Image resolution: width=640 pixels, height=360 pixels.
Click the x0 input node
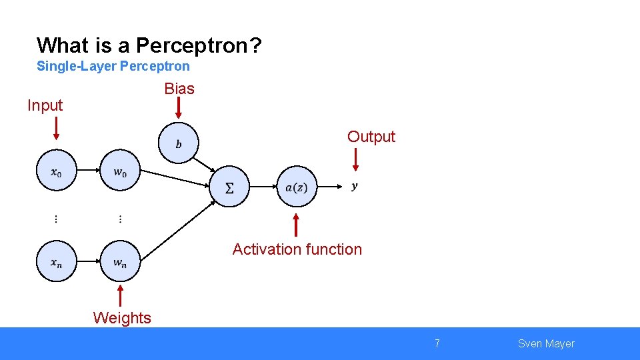click(x=57, y=171)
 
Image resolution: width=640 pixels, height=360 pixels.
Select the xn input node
click(x=57, y=261)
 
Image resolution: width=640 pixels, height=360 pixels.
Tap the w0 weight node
click(x=120, y=171)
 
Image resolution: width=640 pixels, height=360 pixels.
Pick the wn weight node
click(x=120, y=261)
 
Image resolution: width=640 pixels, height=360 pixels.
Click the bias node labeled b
click(x=178, y=143)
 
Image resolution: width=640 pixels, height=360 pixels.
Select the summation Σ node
click(x=230, y=187)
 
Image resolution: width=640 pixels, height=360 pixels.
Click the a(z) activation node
click(x=297, y=187)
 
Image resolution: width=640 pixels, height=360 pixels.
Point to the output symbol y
click(x=354, y=186)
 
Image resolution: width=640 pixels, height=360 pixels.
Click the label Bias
click(x=179, y=89)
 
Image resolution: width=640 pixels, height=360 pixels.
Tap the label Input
click(x=45, y=105)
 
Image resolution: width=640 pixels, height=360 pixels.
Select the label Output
click(x=371, y=137)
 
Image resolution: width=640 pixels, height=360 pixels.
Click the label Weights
click(x=122, y=318)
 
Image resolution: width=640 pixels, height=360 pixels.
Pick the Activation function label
click(x=297, y=249)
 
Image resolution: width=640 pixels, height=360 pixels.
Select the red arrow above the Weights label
click(x=121, y=296)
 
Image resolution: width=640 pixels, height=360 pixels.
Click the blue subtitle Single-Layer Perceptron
click(x=113, y=66)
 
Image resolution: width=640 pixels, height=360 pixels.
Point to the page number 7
click(x=437, y=344)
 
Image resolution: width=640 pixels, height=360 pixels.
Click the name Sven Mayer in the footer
click(x=545, y=344)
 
